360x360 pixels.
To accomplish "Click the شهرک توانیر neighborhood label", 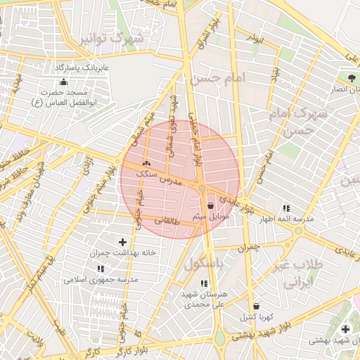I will (112, 39).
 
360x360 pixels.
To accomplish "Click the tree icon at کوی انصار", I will (351, 77).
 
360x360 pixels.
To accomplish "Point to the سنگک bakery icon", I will (146, 164).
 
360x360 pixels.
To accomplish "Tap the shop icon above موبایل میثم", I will (211, 205).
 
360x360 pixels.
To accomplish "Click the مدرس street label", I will (170, 180).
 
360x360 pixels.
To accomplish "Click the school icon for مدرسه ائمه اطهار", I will (286, 208).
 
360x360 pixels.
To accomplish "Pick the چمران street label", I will (249, 247).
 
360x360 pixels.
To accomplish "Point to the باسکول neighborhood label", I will (203, 264).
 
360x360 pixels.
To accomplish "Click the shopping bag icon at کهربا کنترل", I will (255, 307).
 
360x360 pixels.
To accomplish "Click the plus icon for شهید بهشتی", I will (345, 329).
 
